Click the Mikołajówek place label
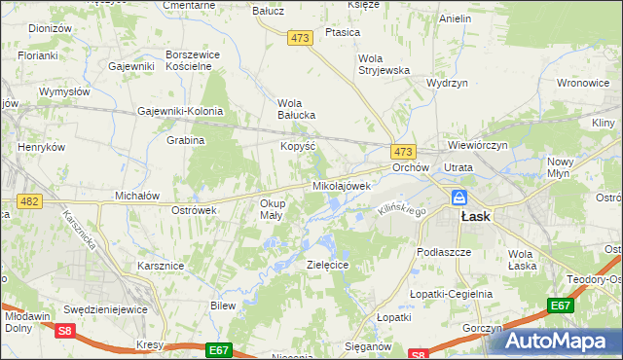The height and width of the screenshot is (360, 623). tap(341, 185)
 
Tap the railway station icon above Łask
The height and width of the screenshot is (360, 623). tap(458, 198)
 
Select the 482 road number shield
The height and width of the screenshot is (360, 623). tap(28, 200)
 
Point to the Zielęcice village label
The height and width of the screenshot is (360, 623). tap(328, 265)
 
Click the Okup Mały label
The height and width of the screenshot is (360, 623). tap(271, 209)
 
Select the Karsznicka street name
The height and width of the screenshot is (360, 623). tap(81, 230)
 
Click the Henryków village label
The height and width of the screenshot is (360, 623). tap(41, 147)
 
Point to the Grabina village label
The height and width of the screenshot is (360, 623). tap(185, 140)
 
